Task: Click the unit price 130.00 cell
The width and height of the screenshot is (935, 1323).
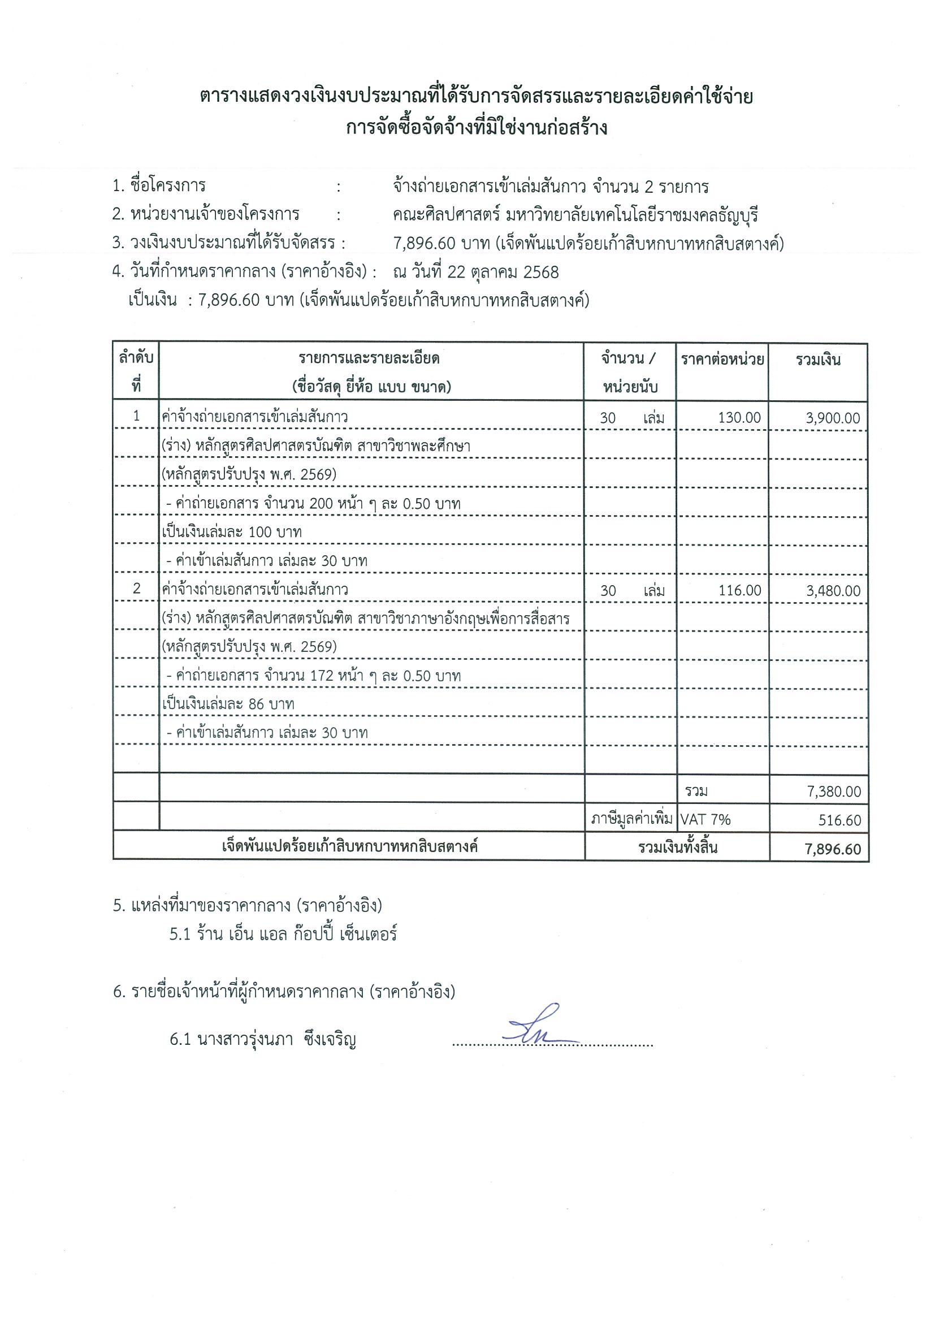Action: [x=739, y=418]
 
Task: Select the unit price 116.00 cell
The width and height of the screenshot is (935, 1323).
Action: [x=740, y=590]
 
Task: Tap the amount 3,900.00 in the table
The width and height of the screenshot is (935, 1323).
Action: [x=833, y=418]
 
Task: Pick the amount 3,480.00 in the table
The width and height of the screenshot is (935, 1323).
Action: [x=834, y=591]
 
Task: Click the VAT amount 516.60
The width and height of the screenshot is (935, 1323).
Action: [x=839, y=820]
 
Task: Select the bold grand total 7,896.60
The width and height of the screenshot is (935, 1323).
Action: [x=834, y=849]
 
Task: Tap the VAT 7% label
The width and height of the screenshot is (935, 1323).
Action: [x=705, y=819]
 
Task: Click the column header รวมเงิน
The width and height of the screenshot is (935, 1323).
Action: [x=818, y=360]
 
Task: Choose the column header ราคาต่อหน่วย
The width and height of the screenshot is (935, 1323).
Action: [x=722, y=360]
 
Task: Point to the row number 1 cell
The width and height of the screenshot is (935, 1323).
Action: [x=137, y=416]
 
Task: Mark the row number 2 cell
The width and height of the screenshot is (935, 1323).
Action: [x=137, y=589]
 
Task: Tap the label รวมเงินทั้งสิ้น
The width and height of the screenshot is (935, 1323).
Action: [x=678, y=848]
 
